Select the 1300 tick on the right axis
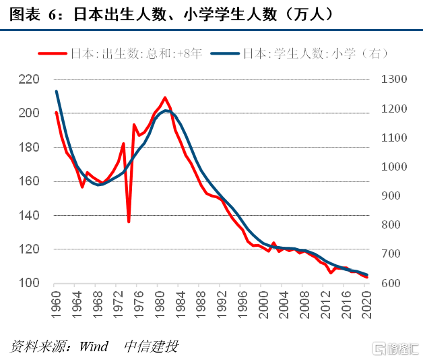[x=394, y=80]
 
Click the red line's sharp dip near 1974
[x=129, y=221]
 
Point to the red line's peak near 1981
[x=165, y=98]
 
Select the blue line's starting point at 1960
[x=57, y=92]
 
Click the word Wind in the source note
[x=94, y=347]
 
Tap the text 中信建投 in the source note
[x=152, y=347]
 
